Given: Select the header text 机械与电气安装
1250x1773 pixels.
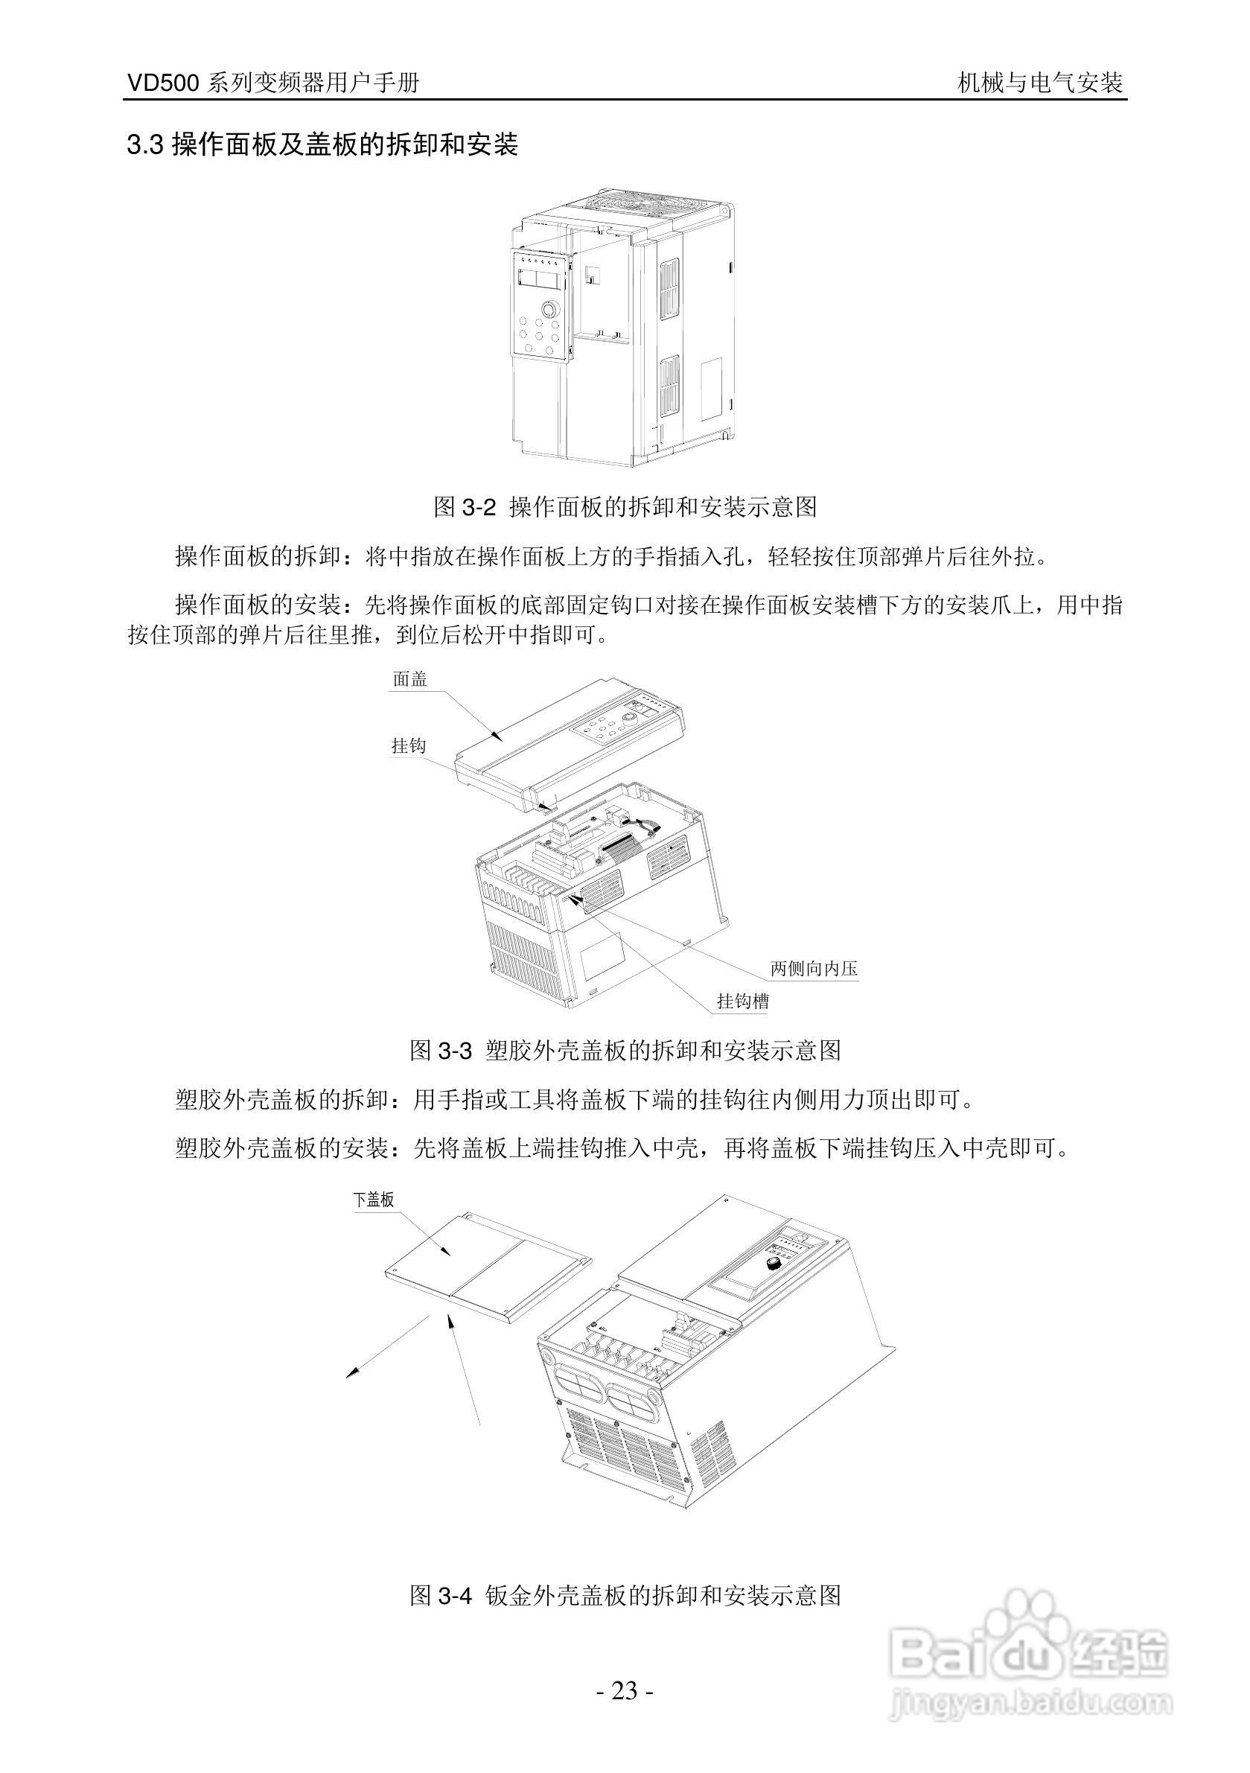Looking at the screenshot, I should tap(1039, 83).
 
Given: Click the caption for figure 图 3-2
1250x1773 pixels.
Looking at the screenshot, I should tap(625, 507).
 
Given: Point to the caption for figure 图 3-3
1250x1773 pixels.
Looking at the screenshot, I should tap(625, 1050).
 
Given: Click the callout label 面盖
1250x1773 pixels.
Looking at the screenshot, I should tap(410, 679).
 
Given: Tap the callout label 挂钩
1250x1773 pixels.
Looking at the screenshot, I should tap(409, 745).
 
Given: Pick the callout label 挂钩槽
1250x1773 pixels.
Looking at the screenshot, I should tap(743, 1002).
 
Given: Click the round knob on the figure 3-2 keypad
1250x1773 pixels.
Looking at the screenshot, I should tap(549, 309).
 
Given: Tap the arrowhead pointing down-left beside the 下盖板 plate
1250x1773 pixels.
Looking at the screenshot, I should tap(353, 1372).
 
